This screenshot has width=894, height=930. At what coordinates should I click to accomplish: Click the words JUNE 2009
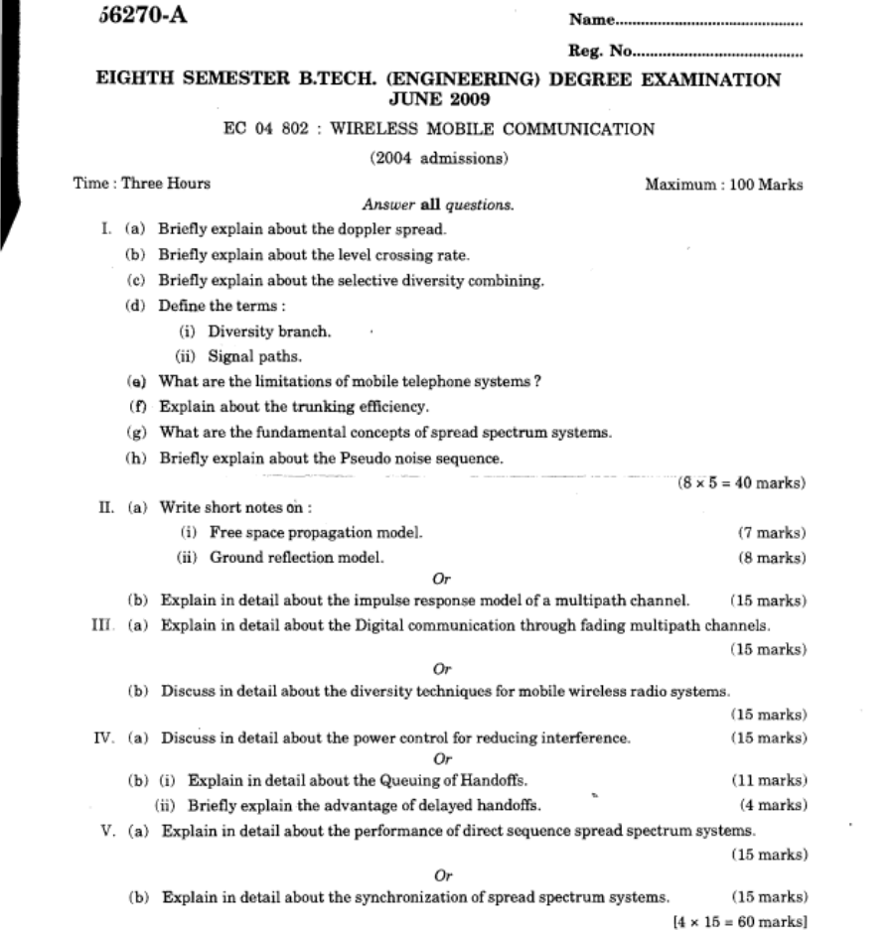[x=438, y=100]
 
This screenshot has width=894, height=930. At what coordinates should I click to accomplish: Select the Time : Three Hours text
[x=141, y=184]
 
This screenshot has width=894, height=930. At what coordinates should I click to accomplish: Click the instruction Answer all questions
[x=439, y=206]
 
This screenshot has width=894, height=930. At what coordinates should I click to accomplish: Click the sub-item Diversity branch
[x=269, y=332]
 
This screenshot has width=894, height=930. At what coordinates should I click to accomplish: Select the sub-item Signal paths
[x=255, y=356]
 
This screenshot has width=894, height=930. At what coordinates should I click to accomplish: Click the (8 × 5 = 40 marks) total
[x=740, y=483]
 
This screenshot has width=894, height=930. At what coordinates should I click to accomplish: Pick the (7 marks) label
[x=771, y=533]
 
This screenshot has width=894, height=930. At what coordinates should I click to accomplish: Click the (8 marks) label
[x=771, y=558]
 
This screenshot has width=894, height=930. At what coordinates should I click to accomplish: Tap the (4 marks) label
[x=772, y=804]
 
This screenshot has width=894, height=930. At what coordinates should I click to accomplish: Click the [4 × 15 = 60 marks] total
[x=738, y=921]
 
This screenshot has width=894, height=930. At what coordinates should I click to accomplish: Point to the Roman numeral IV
[x=106, y=738]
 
